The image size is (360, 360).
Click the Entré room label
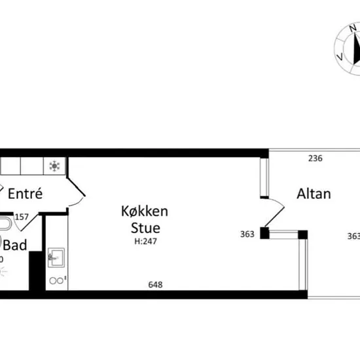tap(26, 194)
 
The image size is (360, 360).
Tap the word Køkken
tap(145, 211)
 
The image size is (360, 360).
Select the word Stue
tap(145, 228)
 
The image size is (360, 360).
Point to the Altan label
tap(314, 194)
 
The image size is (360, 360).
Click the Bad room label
tap(15, 245)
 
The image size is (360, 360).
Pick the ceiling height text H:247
tap(145, 242)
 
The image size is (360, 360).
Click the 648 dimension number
tap(155, 285)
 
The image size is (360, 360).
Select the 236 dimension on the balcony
tap(315, 158)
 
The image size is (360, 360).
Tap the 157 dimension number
tap(22, 217)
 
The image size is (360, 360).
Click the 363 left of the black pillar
tap(247, 234)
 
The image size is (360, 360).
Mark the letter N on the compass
tap(353, 28)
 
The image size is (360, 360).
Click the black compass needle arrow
tap(357, 48)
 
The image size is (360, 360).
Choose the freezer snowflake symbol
tap(54, 166)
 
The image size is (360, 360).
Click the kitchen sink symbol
tap(56, 257)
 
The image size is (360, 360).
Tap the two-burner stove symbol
tap(58, 280)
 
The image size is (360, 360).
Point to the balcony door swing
tap(275, 212)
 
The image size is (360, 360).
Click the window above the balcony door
tap(264, 177)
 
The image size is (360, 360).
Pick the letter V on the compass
tap(340, 56)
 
